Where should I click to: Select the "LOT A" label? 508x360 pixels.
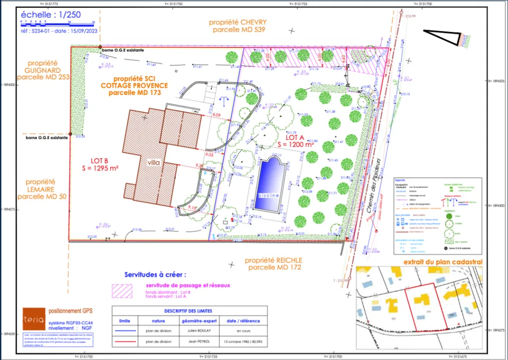point(295,136)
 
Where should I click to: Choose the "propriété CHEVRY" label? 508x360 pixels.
point(238,22)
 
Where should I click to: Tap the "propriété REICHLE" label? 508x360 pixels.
point(273,260)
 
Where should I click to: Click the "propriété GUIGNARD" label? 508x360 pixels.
point(43,70)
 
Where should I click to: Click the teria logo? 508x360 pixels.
point(33,315)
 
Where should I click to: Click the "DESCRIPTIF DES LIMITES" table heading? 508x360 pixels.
point(190,311)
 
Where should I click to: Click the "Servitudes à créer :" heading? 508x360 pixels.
point(156,274)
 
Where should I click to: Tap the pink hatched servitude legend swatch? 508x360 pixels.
point(122,290)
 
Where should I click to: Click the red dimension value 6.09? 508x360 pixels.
point(216,115)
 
